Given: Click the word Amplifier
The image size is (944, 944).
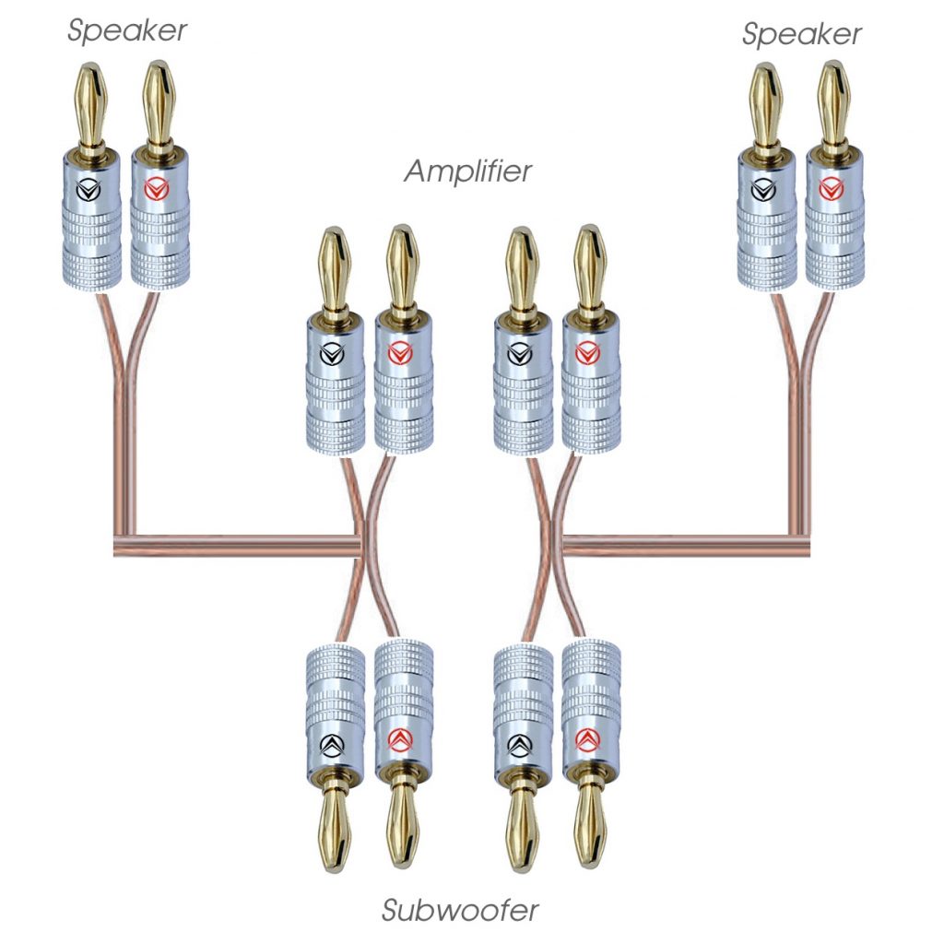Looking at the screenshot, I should [468, 171].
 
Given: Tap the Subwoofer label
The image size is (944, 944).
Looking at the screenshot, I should [460, 911].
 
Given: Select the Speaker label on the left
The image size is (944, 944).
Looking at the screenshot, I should [127, 30].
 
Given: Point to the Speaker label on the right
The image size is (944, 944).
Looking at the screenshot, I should [802, 34].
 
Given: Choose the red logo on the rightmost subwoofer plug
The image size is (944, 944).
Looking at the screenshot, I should [590, 739].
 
